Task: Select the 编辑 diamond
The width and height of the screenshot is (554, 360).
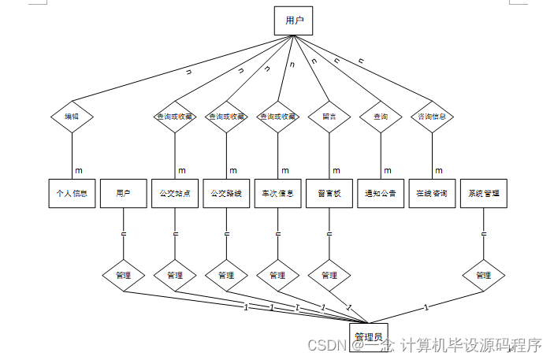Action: tap(73, 117)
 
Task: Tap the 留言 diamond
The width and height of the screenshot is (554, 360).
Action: tap(329, 117)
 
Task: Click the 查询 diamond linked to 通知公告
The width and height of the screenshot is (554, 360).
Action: tap(381, 117)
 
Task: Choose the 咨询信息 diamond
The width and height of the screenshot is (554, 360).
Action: tap(432, 117)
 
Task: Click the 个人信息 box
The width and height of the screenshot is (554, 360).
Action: tap(73, 193)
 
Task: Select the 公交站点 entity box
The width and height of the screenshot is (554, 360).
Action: tap(175, 193)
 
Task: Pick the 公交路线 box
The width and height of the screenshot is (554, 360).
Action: tap(226, 193)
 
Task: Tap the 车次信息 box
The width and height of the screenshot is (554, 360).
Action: tap(277, 193)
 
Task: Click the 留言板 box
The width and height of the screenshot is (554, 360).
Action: tap(329, 193)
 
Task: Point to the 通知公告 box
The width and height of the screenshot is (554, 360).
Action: tap(381, 193)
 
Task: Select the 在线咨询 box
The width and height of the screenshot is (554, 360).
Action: tap(432, 193)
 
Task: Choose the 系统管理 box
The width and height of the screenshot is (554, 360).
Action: tap(483, 193)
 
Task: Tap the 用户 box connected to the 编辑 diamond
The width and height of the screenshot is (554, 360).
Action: tap(293, 20)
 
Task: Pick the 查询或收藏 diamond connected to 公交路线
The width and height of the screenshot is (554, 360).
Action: tap(226, 117)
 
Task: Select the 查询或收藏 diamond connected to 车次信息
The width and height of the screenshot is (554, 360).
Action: tap(277, 117)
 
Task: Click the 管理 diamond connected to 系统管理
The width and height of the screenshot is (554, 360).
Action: tap(483, 276)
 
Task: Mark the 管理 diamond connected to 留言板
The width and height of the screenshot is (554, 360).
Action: tap(329, 276)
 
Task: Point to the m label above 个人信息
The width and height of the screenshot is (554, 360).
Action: tap(79, 170)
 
